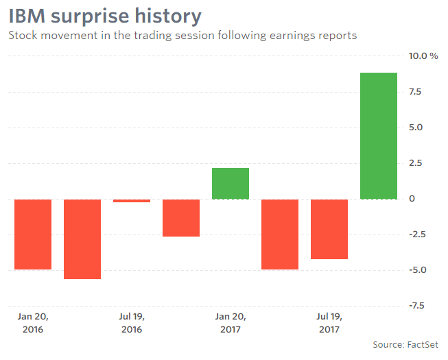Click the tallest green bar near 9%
coord(379,136)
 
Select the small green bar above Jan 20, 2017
coord(231,184)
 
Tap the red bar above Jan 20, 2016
coord(33,235)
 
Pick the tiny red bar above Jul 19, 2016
coord(132,201)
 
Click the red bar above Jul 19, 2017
coord(329,229)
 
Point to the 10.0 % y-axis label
coord(423,56)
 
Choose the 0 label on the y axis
coord(412,199)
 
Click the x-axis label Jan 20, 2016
coord(33,323)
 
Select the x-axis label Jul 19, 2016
coord(132,323)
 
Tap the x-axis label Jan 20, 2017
coord(231,323)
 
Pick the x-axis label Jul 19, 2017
coord(329,323)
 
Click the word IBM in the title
coord(29,16)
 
